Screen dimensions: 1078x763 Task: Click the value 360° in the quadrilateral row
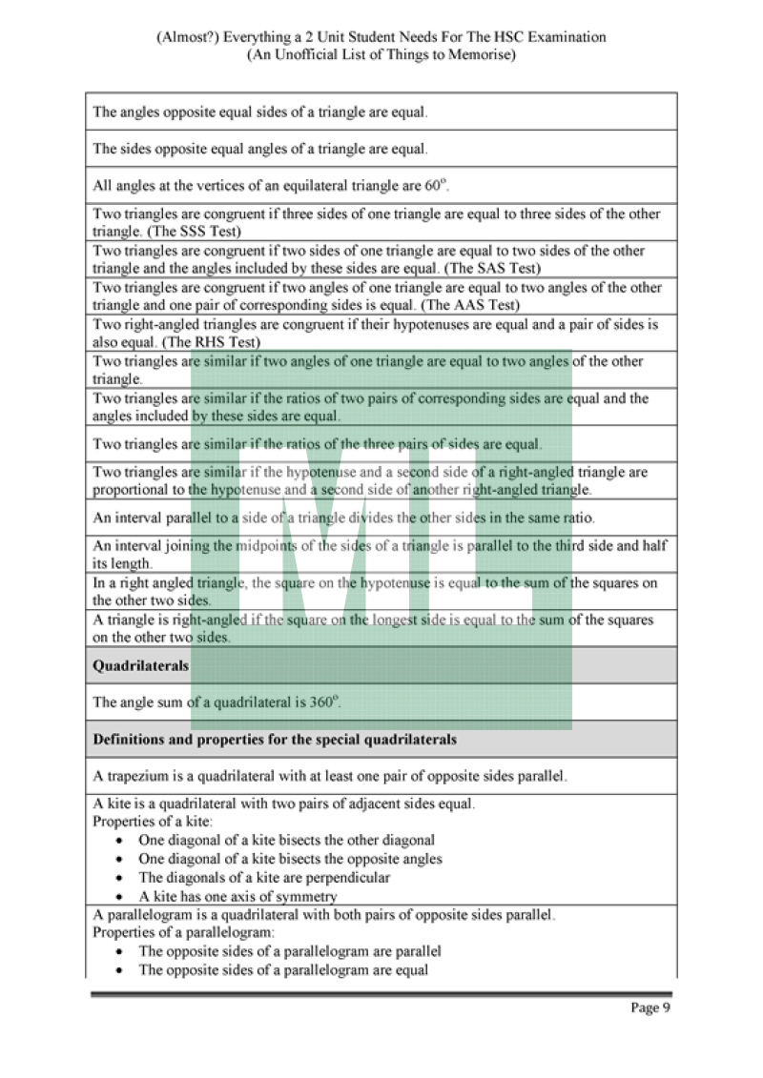click(322, 702)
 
